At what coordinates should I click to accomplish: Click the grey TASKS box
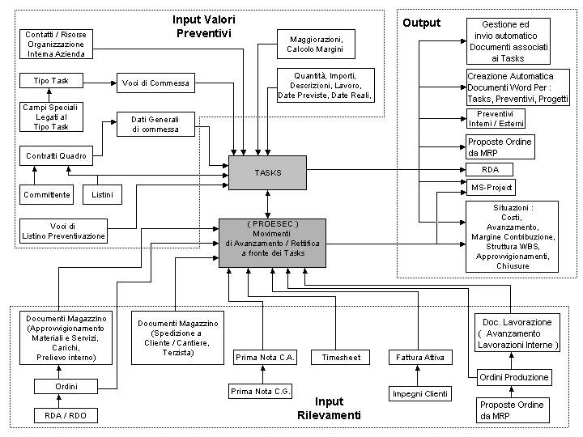[x=267, y=173]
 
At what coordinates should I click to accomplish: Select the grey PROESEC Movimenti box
[x=271, y=243]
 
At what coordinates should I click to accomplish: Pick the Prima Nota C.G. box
[x=262, y=392]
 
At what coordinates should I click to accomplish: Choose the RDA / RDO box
[x=60, y=416]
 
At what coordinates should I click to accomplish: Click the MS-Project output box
[x=492, y=188]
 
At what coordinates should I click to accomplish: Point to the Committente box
[x=46, y=195]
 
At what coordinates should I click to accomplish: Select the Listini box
[x=103, y=195]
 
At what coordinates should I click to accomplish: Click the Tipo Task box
[x=51, y=82]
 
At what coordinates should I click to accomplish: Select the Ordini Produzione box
[x=513, y=377]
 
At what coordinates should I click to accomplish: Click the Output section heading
[x=421, y=23]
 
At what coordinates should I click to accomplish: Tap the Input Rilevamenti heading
[x=329, y=408]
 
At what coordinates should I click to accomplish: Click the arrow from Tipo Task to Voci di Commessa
[x=101, y=82]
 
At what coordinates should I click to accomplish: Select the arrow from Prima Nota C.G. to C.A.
[x=262, y=374]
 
